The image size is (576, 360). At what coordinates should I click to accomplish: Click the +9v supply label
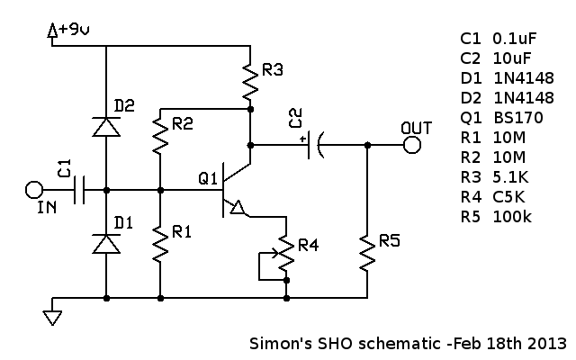point(72,30)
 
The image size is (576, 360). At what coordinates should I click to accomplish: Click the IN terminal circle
point(33,190)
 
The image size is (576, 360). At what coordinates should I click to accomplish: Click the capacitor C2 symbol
point(316,144)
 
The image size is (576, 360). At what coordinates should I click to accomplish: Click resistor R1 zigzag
point(160,243)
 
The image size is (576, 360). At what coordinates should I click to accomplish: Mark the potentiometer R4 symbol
point(284,255)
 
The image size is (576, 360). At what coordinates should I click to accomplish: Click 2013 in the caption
point(548,344)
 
